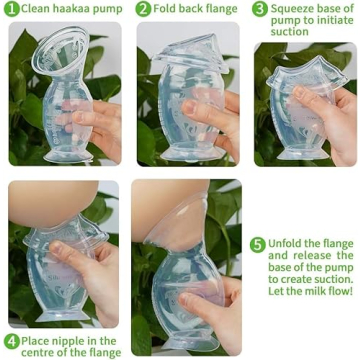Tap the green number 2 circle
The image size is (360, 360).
pyautogui.click(x=144, y=9)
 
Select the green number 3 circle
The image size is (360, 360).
pyautogui.click(x=259, y=9)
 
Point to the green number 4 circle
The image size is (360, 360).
pyautogui.click(x=11, y=339)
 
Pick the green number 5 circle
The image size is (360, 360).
pyautogui.click(x=257, y=244)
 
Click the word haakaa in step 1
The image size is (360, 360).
pyautogui.click(x=66, y=9)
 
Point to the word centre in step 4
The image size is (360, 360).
pyautogui.click(x=39, y=351)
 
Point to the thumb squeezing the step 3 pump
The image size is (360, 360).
pyautogui.click(x=305, y=97)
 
